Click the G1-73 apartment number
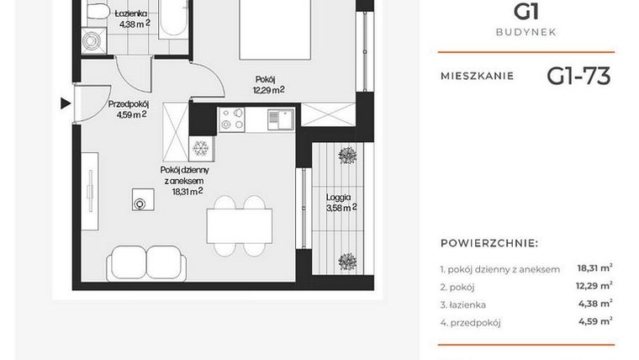578,77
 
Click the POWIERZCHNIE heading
489,243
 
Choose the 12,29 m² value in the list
594,286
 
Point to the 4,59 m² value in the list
594,320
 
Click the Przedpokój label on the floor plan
129,104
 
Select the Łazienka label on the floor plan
133,14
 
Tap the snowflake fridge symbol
202,149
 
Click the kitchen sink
281,119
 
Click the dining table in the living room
240,225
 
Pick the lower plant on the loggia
345,260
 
